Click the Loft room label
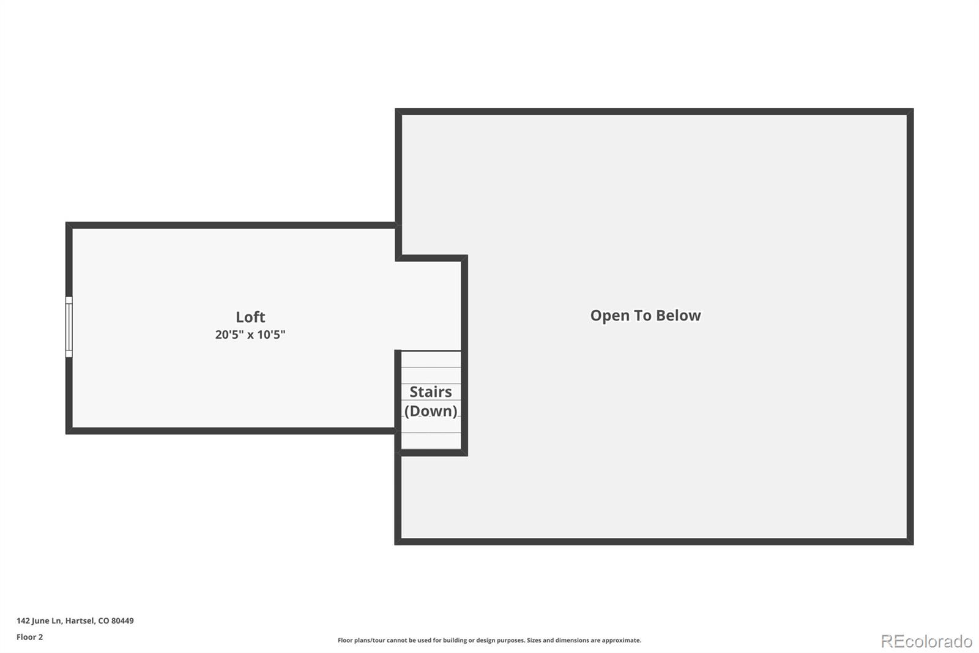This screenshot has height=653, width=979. point(250,317)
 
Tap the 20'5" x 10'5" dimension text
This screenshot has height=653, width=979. point(250,335)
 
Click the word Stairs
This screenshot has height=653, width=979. point(431,391)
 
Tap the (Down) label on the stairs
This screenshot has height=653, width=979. point(431,411)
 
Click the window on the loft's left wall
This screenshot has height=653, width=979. point(69,327)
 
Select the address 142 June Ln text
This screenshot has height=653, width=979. point(39,621)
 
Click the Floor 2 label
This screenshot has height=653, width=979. point(30,637)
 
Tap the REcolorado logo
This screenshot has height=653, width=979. point(926,641)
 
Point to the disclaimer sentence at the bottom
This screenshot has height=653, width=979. point(489,640)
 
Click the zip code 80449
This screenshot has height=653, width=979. point(122,621)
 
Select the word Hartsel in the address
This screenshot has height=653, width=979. point(80,621)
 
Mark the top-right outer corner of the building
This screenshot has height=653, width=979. point(913,108)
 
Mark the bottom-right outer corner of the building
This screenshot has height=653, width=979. point(913,545)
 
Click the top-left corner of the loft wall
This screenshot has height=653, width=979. point(66,222)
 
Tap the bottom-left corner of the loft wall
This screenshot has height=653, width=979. point(66,434)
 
